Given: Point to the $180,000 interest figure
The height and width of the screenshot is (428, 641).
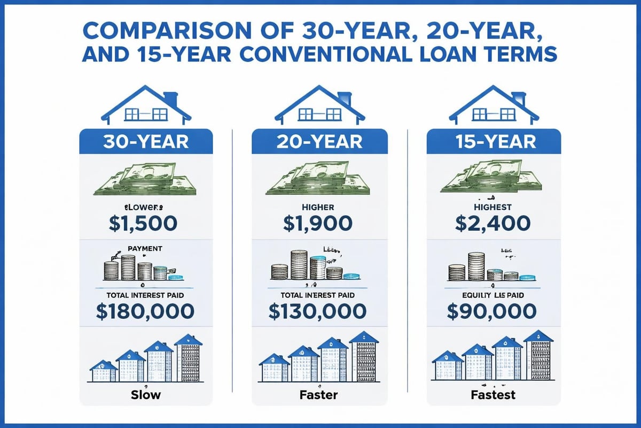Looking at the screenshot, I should click(146, 311).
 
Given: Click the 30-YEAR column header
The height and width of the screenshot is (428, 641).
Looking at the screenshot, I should click(146, 142).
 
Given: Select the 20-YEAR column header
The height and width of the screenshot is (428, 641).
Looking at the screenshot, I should click(319, 142).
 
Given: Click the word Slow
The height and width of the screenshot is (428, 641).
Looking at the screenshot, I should click(146, 396).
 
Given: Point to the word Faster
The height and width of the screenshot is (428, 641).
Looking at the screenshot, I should click(319, 396).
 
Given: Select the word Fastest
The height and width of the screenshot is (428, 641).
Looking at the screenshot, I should click(494, 396).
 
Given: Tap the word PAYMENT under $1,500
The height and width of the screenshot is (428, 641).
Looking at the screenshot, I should click(146, 248).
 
